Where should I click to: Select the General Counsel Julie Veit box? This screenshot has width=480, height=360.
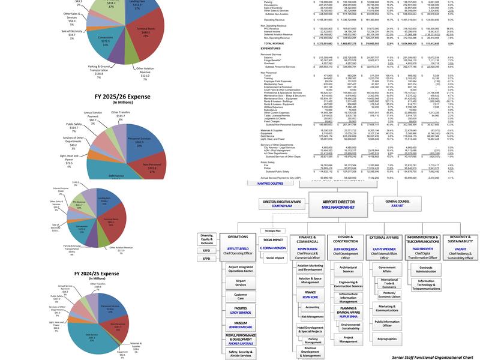(x=398, y=203)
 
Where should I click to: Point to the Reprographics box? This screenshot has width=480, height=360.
(x=388, y=338)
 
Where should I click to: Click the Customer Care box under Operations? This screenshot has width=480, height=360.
(x=241, y=295)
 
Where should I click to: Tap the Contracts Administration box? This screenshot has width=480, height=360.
(x=426, y=270)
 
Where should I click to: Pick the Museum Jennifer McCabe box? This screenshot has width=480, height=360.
(x=241, y=325)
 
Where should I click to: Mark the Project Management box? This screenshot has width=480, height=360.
(x=349, y=339)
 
